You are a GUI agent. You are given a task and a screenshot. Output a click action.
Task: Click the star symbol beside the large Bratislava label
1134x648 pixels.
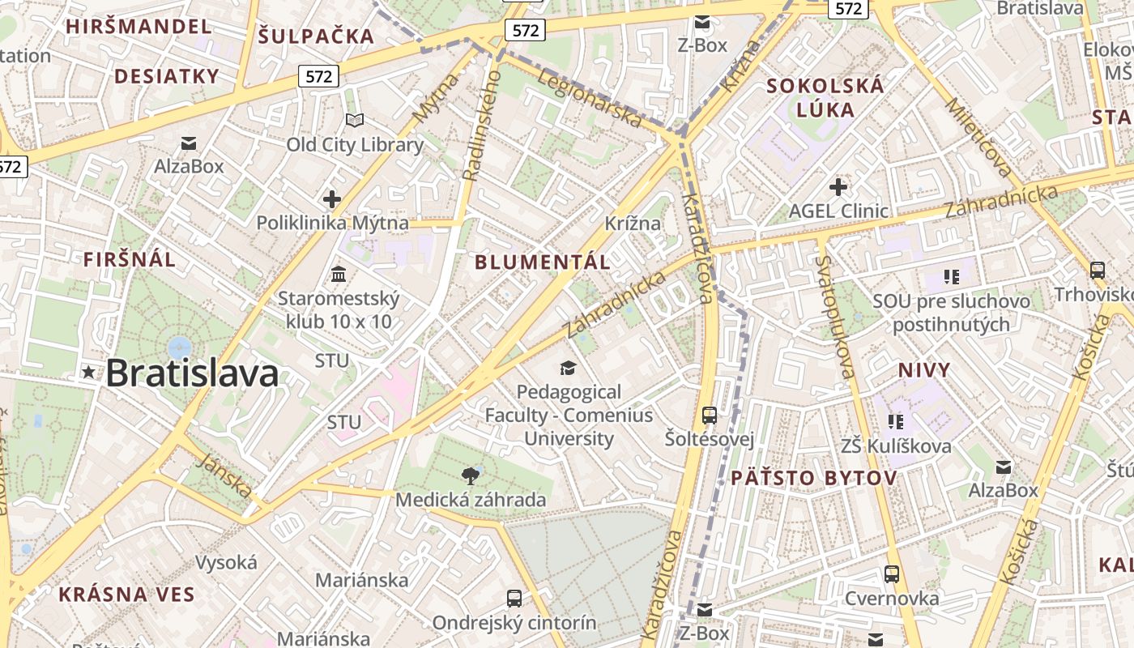[88, 373]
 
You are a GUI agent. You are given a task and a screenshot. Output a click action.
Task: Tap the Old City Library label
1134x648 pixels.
[355, 145]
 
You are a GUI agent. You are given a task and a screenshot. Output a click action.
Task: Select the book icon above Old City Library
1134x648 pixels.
[355, 120]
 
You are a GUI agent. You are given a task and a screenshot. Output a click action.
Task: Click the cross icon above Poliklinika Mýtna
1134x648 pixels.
[331, 198]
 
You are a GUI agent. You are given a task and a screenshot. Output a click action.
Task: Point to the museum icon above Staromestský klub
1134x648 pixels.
[339, 274]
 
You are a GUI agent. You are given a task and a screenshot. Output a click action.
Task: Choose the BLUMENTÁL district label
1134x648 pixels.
[543, 262]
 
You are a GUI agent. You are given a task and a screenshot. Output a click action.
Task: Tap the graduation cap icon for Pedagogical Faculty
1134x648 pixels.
[569, 368]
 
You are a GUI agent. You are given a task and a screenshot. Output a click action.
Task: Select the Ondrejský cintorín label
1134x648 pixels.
[514, 623]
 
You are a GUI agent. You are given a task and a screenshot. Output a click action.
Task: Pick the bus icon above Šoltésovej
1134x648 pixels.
[710, 416]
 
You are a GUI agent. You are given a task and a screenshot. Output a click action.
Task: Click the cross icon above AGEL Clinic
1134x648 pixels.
[838, 187]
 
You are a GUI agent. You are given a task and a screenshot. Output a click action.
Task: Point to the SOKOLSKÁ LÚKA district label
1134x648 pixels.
[825, 97]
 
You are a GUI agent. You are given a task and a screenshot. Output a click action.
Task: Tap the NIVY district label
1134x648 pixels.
[924, 370]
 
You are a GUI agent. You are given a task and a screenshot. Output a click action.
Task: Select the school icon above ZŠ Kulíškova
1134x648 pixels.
[895, 421]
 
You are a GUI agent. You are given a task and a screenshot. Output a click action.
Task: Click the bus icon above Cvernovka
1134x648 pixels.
[892, 574]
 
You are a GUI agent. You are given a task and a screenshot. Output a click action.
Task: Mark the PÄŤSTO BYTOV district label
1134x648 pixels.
[814, 478]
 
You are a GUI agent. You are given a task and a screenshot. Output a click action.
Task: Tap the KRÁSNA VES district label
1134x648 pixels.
[127, 594]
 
